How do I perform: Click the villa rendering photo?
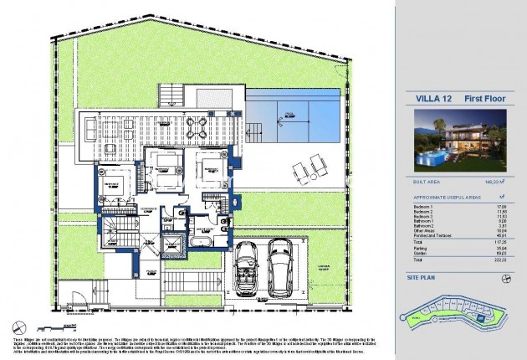(x=459, y=141)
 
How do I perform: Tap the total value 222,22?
(x=500, y=260)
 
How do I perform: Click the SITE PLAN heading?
(x=422, y=275)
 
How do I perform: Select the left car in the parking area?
(x=247, y=268)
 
